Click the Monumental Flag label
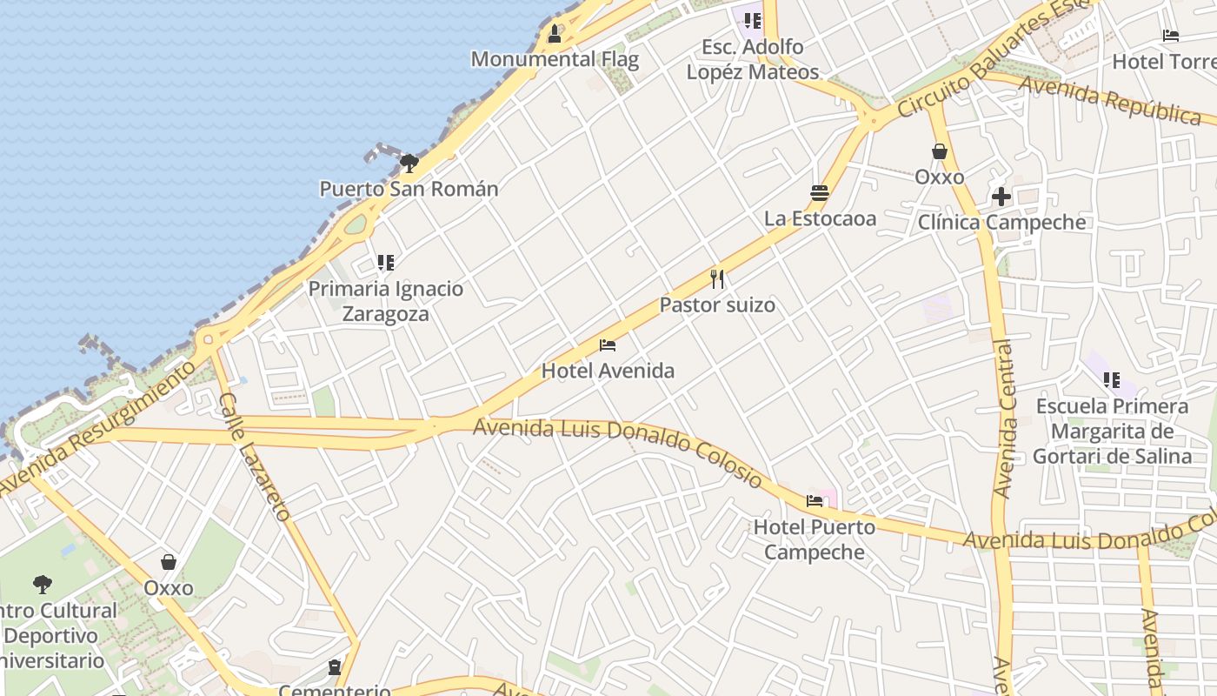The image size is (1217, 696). (555, 59)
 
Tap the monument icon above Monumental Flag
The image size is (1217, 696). (555, 34)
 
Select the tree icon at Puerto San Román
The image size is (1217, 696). (409, 163)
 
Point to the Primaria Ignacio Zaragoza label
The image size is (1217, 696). (386, 301)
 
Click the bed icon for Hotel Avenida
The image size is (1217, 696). (608, 345)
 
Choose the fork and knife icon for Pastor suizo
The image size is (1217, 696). (717, 279)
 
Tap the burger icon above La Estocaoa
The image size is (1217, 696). (820, 193)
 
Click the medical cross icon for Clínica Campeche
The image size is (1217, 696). (1001, 197)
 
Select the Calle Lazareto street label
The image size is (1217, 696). (254, 457)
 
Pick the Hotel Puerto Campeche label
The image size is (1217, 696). (815, 539)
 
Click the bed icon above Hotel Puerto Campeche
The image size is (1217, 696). (815, 500)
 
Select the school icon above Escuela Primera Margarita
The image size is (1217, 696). (1111, 380)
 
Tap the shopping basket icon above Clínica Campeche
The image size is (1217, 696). (940, 151)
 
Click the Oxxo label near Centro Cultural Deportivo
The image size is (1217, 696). (169, 588)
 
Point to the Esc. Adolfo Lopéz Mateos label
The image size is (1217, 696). (753, 59)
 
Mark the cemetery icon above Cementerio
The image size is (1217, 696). (335, 667)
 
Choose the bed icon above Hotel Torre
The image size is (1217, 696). (1171, 36)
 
